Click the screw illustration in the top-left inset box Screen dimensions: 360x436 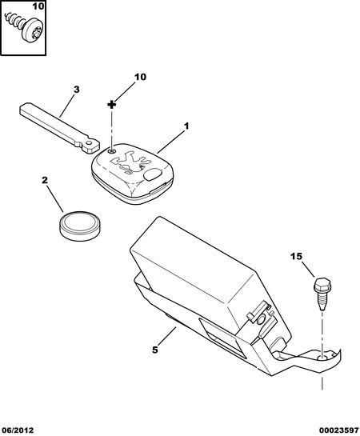(24, 27)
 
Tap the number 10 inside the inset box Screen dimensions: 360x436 (38, 6)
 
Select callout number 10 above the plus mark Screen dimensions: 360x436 (140, 77)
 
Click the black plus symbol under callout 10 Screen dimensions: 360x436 (111, 105)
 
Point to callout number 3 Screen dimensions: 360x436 (77, 90)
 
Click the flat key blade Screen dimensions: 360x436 (59, 128)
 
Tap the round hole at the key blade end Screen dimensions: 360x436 (89, 143)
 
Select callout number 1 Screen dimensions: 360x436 (186, 126)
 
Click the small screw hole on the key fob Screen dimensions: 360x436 (112, 151)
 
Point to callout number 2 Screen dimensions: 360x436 (45, 180)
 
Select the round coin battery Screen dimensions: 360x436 (80, 226)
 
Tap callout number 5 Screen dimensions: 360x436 (155, 350)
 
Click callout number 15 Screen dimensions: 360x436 (296, 256)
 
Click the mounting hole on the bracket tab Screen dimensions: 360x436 (323, 358)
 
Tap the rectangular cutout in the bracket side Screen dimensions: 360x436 (222, 339)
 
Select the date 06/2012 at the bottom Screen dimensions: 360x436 (17, 430)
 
